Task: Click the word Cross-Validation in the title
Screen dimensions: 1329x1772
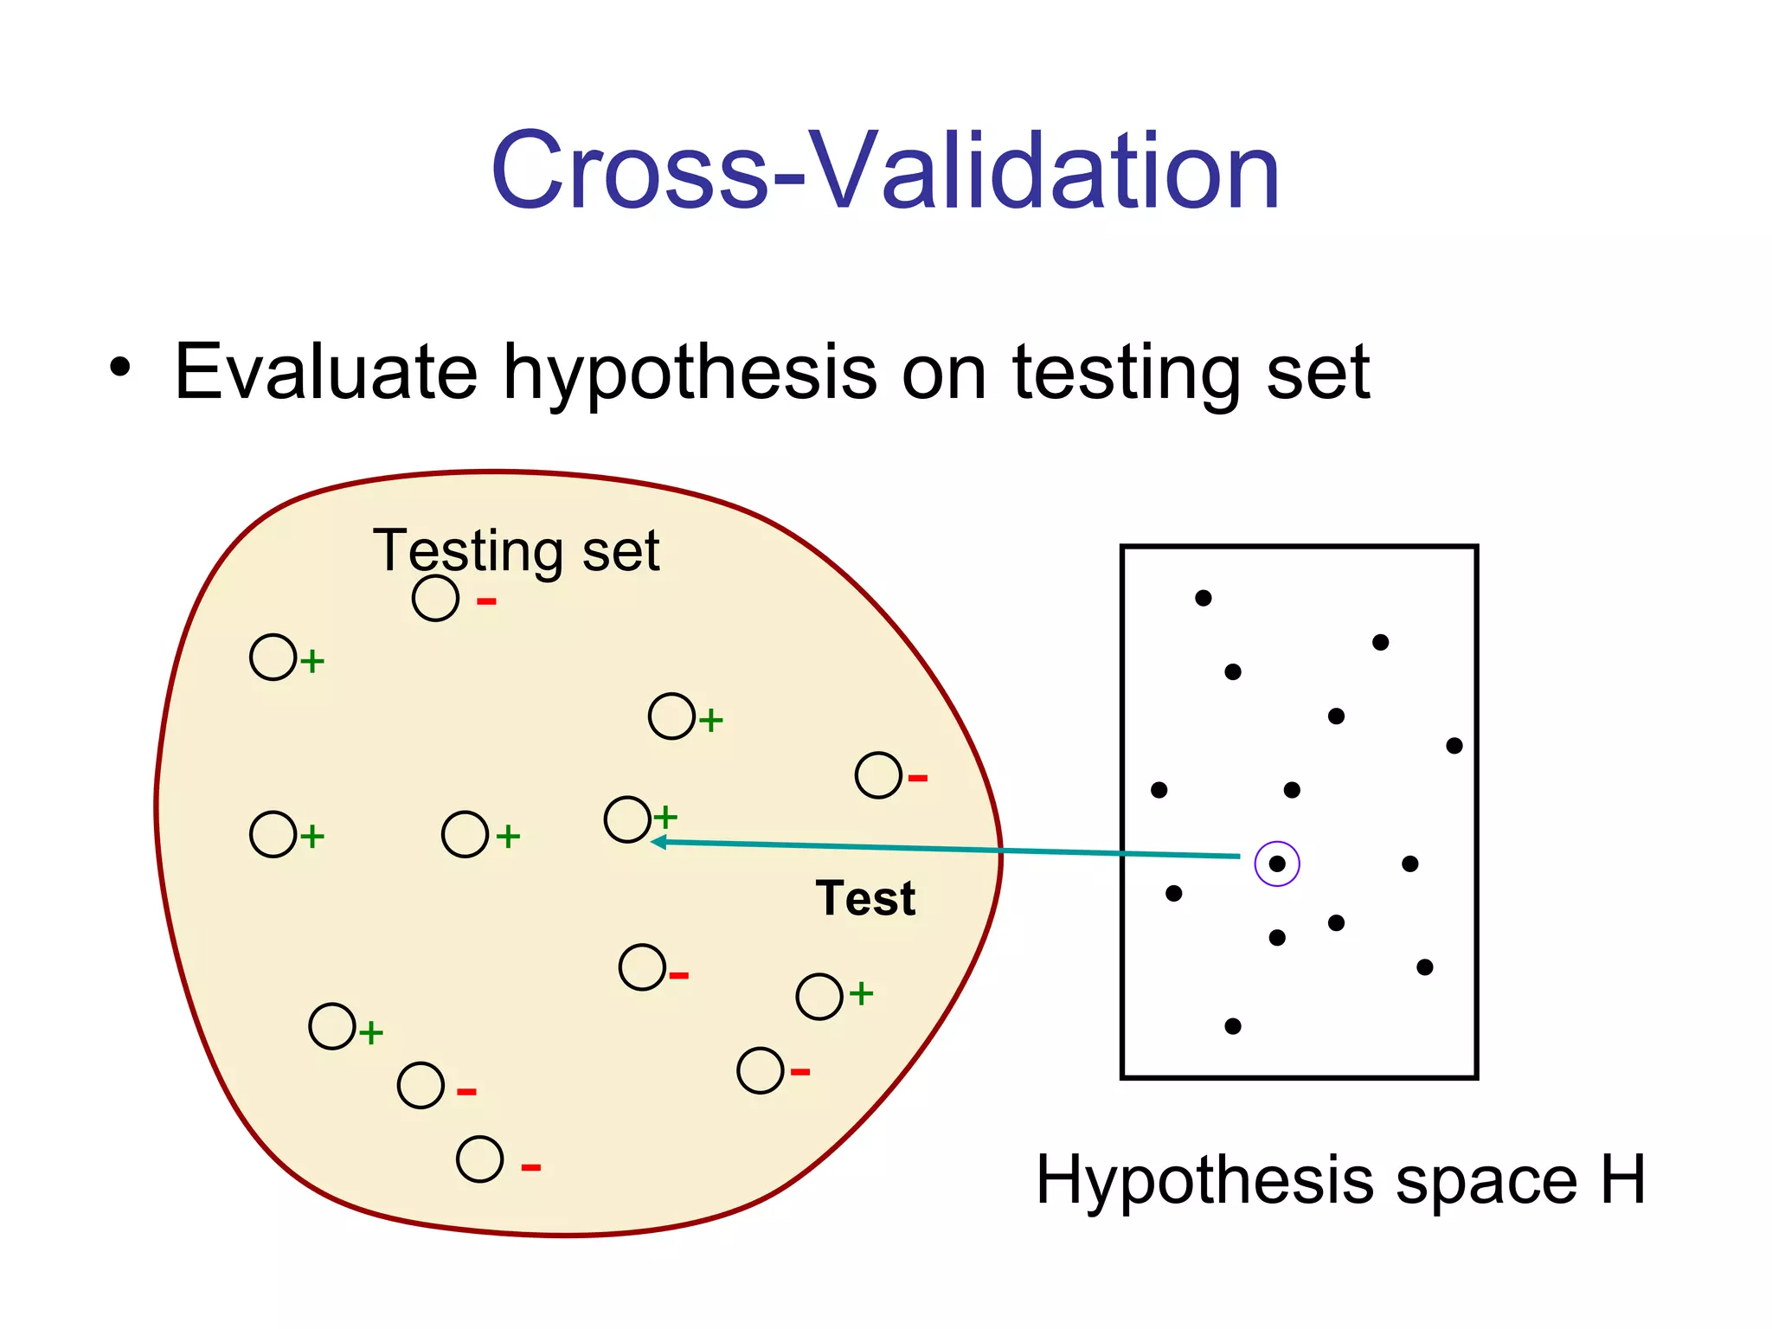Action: (884, 170)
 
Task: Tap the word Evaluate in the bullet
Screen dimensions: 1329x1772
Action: (325, 372)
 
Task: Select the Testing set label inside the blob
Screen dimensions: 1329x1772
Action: (516, 550)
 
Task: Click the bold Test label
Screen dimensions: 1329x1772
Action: (864, 898)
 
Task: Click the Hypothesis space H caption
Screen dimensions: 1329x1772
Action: (1339, 1179)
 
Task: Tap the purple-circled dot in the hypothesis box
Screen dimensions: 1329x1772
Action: (1276, 864)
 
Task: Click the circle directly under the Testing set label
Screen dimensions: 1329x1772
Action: (435, 598)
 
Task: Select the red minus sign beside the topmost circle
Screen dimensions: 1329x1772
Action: (486, 601)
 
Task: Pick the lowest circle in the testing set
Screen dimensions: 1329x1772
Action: (479, 1159)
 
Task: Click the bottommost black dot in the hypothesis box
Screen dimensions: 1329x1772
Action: (1233, 1026)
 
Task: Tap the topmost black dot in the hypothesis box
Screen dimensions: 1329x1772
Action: (1203, 598)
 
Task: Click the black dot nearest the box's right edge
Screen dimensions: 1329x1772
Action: (1454, 746)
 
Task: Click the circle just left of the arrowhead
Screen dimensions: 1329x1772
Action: (627, 819)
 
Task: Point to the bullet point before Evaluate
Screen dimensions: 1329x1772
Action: (120, 367)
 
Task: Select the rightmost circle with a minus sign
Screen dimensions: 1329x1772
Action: (878, 775)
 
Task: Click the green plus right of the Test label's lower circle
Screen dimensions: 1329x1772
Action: (861, 993)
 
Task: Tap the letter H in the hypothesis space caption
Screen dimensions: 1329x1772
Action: (1621, 1179)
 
